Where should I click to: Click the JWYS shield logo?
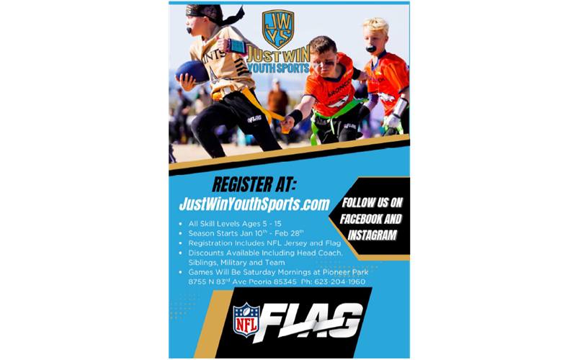point(277,29)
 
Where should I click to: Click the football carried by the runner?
point(192,71)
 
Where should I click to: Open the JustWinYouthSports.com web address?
point(254,204)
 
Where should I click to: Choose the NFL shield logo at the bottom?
point(246,319)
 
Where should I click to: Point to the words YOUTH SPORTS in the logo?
point(279,68)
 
